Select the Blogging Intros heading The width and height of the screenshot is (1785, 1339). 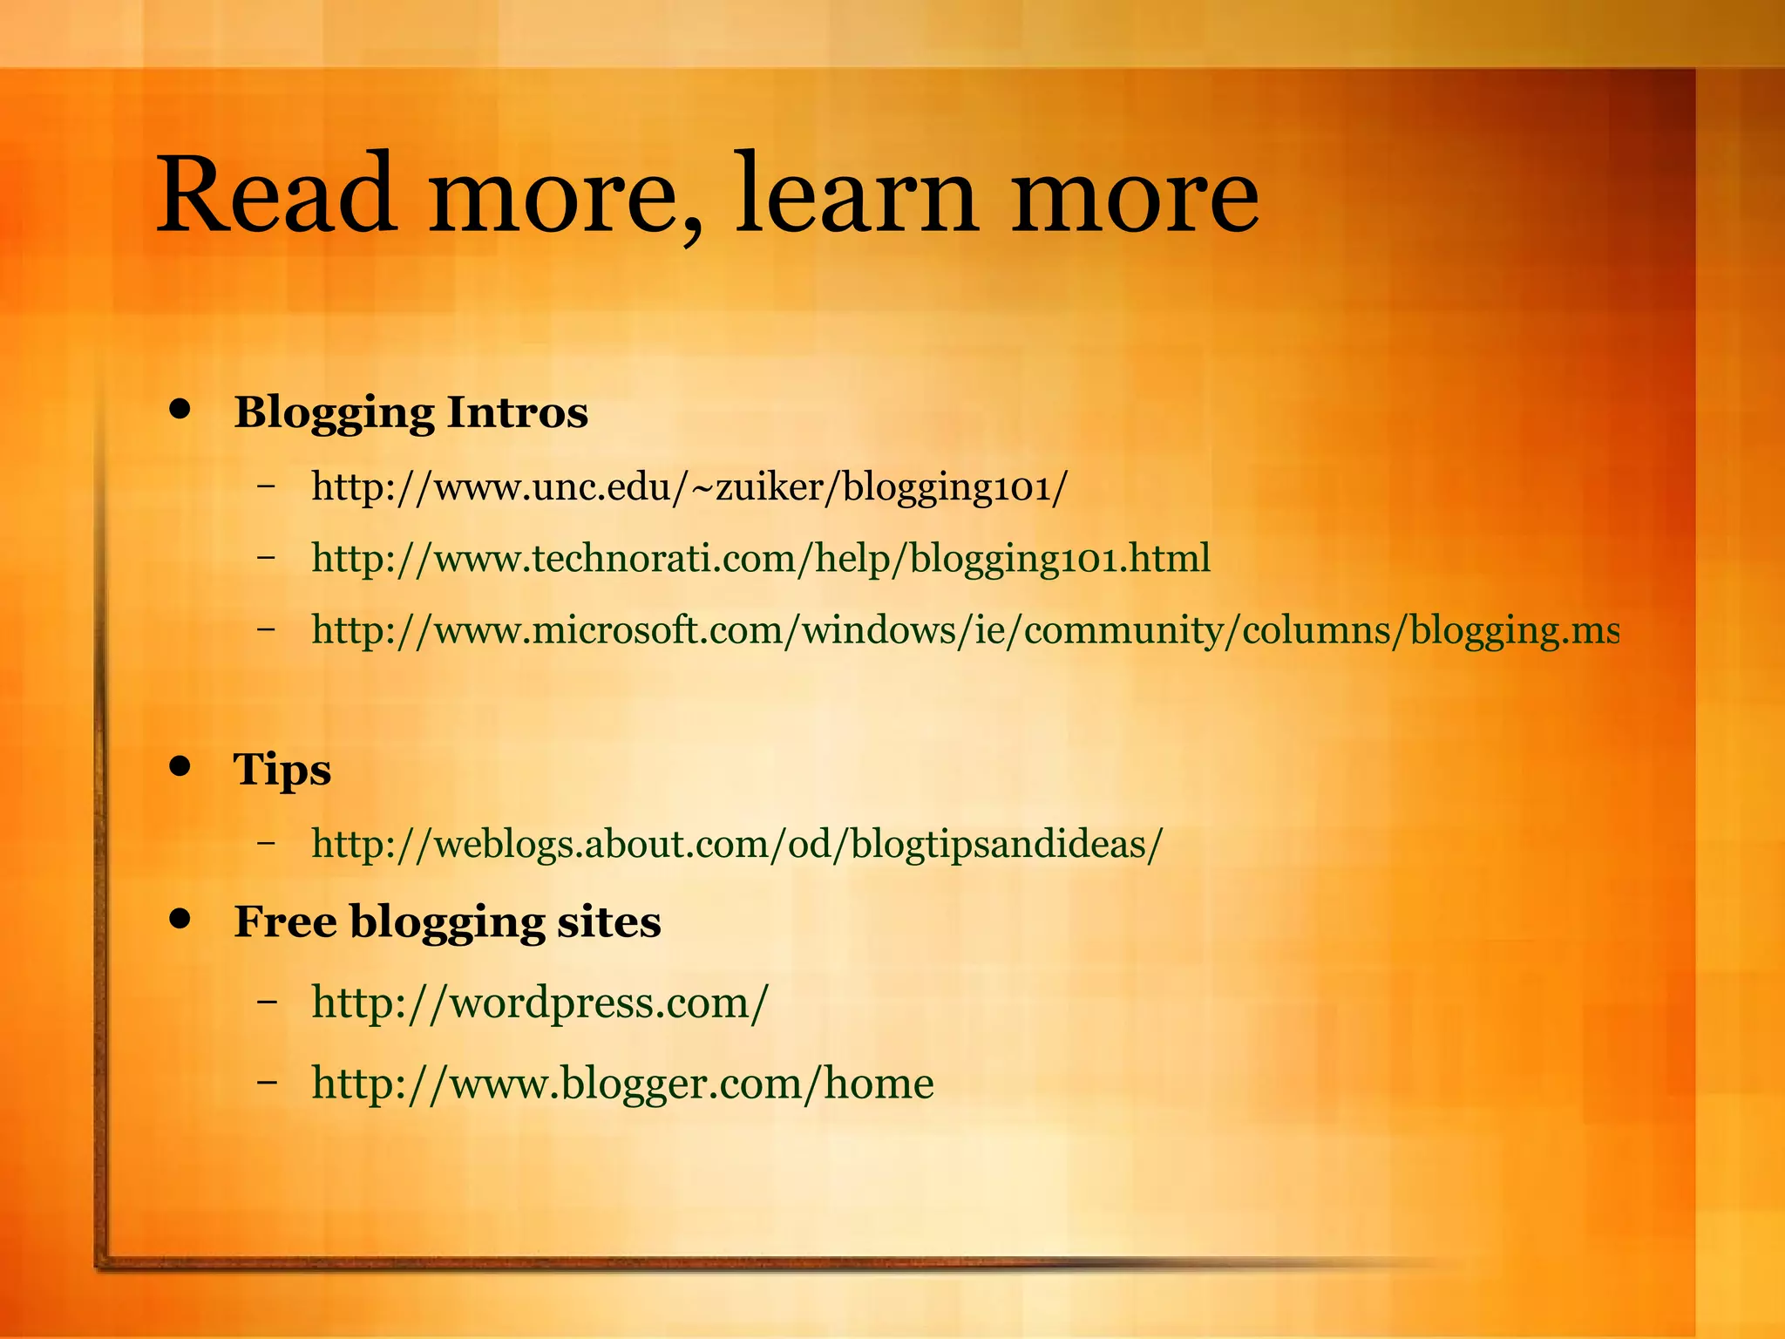pos(411,412)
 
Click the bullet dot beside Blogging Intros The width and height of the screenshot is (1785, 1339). pos(180,409)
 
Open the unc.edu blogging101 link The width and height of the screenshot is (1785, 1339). pos(689,486)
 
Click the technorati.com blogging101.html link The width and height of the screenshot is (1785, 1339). pos(761,558)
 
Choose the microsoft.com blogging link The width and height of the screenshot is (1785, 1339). pos(965,629)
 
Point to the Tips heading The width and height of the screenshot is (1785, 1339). pos(282,770)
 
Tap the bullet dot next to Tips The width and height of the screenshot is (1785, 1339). pos(180,766)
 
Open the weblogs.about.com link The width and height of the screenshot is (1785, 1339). pos(736,844)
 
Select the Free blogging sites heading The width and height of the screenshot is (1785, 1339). pos(447,921)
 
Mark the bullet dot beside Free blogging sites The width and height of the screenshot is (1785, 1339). pos(180,919)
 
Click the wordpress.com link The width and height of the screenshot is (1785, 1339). pos(540,1003)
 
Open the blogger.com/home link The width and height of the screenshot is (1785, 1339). pos(622,1084)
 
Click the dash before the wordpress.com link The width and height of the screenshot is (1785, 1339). pos(267,1003)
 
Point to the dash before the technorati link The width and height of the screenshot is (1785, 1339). pos(267,556)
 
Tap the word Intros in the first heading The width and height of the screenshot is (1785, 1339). pos(517,412)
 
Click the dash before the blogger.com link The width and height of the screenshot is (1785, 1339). pos(267,1083)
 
